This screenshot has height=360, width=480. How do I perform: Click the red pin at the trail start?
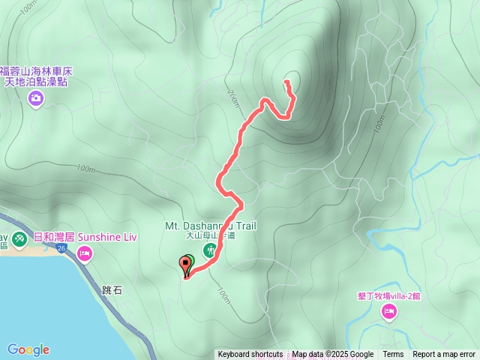click(x=184, y=264)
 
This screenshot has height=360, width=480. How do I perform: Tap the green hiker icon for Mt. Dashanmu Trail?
click(x=208, y=247)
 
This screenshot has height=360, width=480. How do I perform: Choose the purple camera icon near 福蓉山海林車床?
click(x=34, y=98)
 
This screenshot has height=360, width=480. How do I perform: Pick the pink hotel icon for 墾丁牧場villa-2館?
click(x=388, y=311)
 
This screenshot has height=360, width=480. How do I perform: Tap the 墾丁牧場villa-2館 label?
click(x=388, y=296)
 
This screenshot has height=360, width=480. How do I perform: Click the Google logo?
click(x=28, y=349)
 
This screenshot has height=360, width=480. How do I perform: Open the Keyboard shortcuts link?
click(x=250, y=354)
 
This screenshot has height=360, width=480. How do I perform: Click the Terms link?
click(x=393, y=354)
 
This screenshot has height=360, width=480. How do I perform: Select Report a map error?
click(x=444, y=354)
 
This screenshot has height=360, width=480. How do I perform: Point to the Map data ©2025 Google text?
click(x=332, y=354)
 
